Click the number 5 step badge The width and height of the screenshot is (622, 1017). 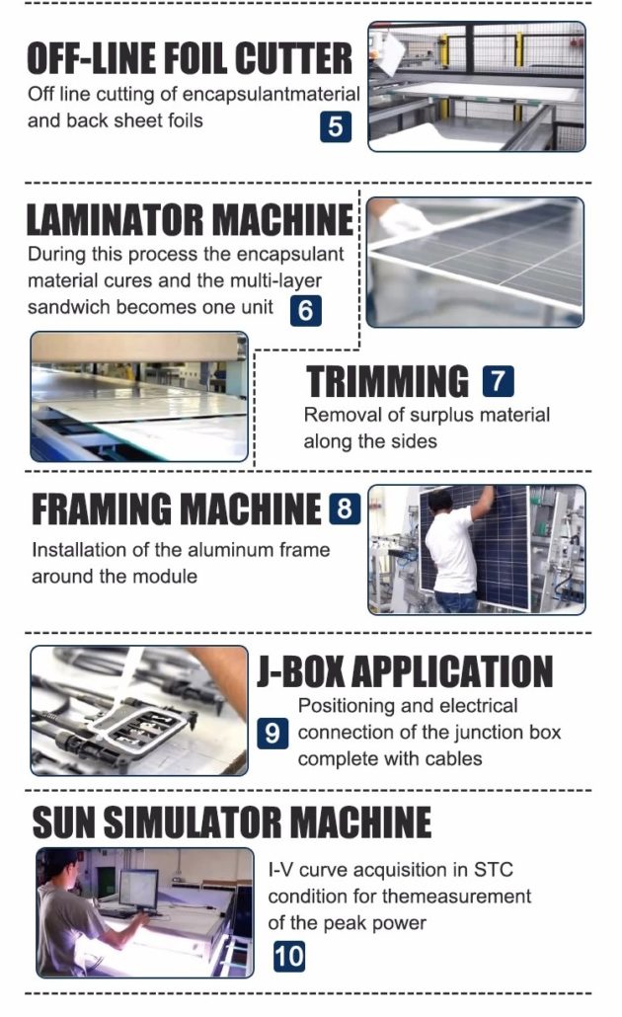coord(336,126)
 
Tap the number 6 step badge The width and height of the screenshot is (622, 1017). coord(305,311)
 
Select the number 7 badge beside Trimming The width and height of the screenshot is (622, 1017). coord(499,381)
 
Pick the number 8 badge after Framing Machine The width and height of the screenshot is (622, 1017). coord(345,508)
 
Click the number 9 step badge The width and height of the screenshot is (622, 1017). coord(272,733)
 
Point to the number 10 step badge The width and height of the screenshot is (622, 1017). coord(288,957)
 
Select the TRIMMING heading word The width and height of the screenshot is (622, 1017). coord(387,381)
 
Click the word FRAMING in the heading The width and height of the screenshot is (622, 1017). coord(103,508)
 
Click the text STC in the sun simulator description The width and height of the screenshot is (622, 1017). coord(494,870)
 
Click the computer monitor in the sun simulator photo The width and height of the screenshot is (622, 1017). coord(138,889)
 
